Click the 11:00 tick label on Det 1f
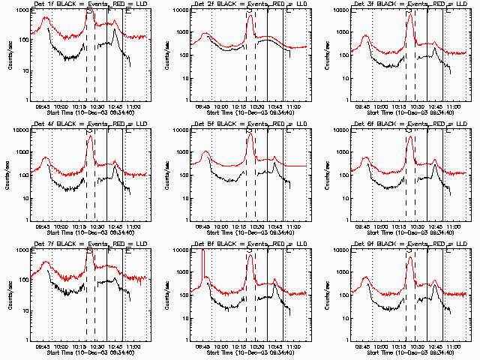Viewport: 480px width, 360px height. click(134, 106)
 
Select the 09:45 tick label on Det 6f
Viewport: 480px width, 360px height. click(363, 226)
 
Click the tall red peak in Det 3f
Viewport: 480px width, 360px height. click(409, 16)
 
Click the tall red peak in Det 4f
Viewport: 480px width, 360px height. click(89, 137)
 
